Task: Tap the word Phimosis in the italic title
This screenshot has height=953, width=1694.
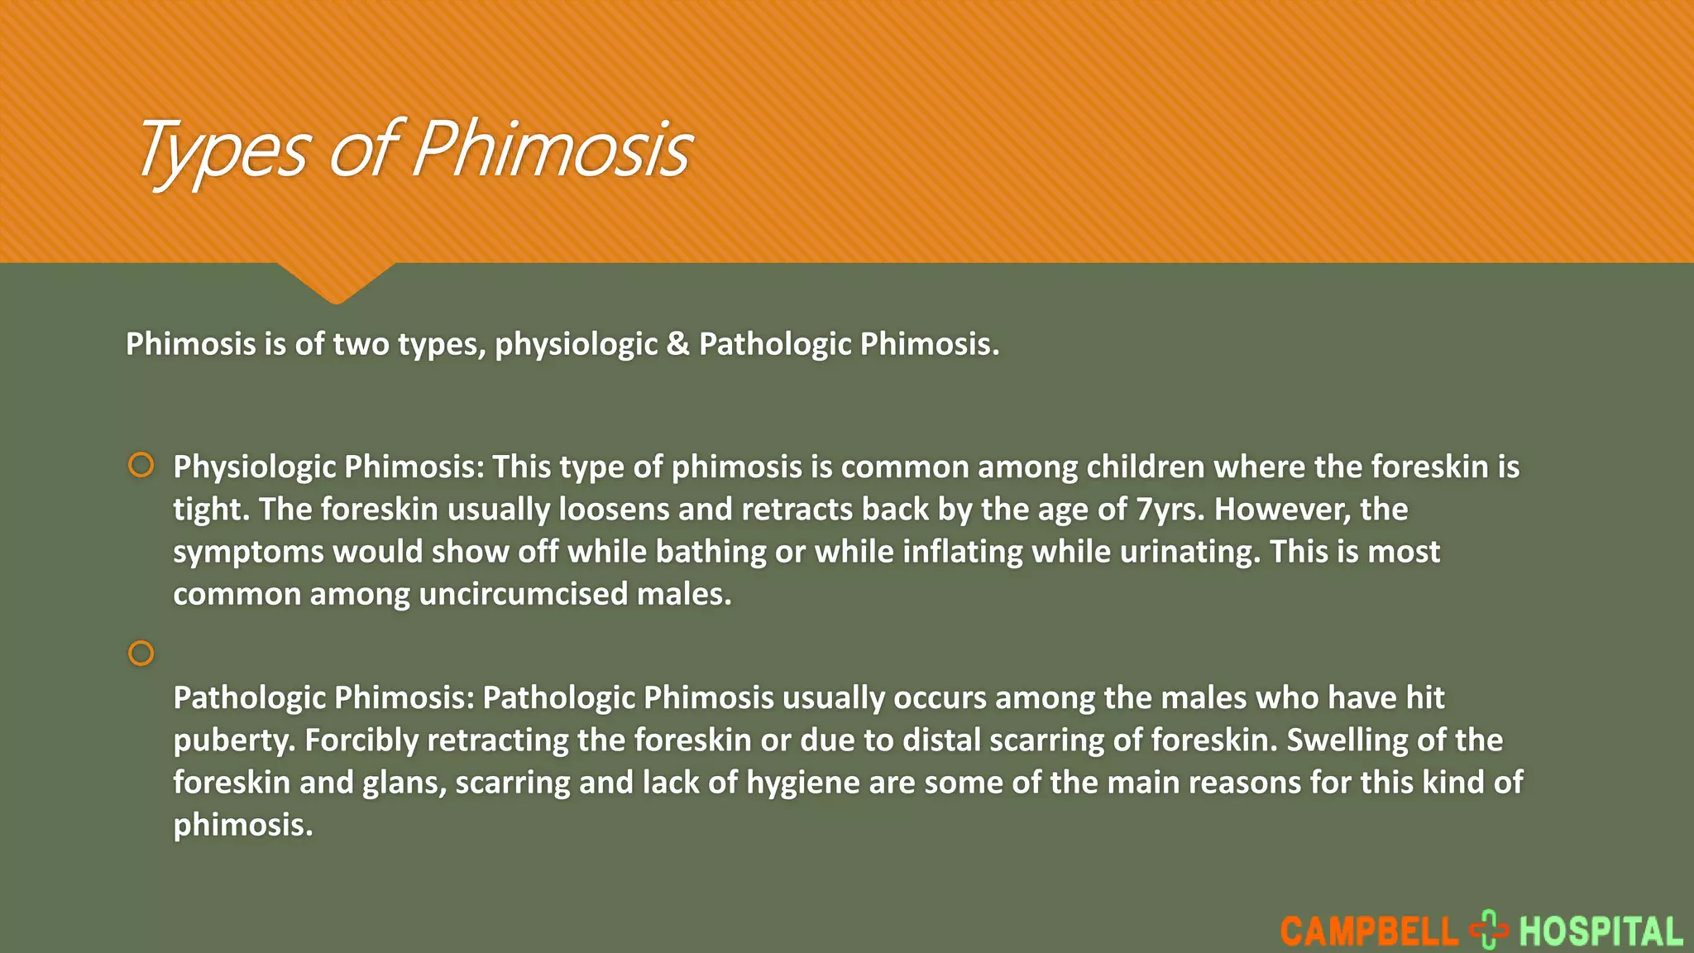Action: point(552,149)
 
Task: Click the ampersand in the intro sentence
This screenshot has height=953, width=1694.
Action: point(677,344)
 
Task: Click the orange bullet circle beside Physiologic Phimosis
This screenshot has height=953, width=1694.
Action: point(141,465)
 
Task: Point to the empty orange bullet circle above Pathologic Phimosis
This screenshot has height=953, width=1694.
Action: point(141,654)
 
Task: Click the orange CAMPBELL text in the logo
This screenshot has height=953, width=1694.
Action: point(1369,932)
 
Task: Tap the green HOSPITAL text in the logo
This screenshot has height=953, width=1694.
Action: point(1601,932)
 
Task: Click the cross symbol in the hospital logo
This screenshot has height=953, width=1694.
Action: point(1489,930)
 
